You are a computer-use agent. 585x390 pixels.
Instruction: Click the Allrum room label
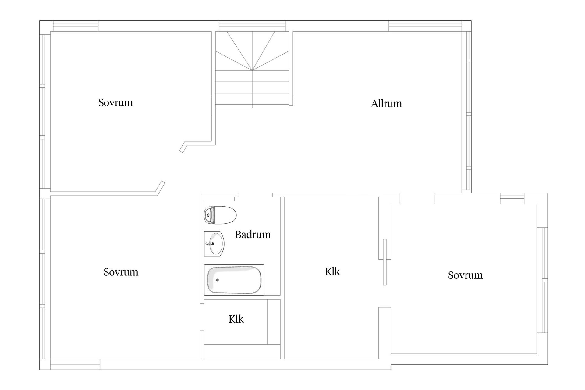click(x=386, y=104)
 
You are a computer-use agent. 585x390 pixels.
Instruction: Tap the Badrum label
click(x=253, y=235)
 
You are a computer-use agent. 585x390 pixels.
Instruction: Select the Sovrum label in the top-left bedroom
click(x=115, y=103)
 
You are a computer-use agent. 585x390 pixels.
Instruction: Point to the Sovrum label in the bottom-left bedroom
click(x=121, y=272)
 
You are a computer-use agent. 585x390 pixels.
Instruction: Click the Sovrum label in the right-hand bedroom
click(x=465, y=275)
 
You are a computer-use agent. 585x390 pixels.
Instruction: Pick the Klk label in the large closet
click(x=332, y=271)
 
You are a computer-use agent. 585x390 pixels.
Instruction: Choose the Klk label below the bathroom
click(x=236, y=319)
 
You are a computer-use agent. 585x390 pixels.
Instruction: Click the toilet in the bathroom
click(x=220, y=215)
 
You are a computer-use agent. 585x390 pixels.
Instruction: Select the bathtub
click(x=234, y=280)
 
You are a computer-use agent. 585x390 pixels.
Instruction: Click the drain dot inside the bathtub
click(x=218, y=280)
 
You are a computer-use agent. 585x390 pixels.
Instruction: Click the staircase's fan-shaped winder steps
click(x=252, y=51)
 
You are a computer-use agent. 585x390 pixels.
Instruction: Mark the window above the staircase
click(x=252, y=26)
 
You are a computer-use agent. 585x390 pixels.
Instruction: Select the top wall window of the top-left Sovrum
click(x=76, y=26)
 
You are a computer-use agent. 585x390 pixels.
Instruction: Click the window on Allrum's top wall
click(x=425, y=26)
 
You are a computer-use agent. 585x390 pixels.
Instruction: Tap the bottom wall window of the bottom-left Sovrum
click(x=75, y=364)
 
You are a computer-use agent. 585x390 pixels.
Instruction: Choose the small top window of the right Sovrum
click(x=512, y=198)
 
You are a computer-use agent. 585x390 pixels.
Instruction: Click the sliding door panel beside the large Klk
click(x=385, y=262)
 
